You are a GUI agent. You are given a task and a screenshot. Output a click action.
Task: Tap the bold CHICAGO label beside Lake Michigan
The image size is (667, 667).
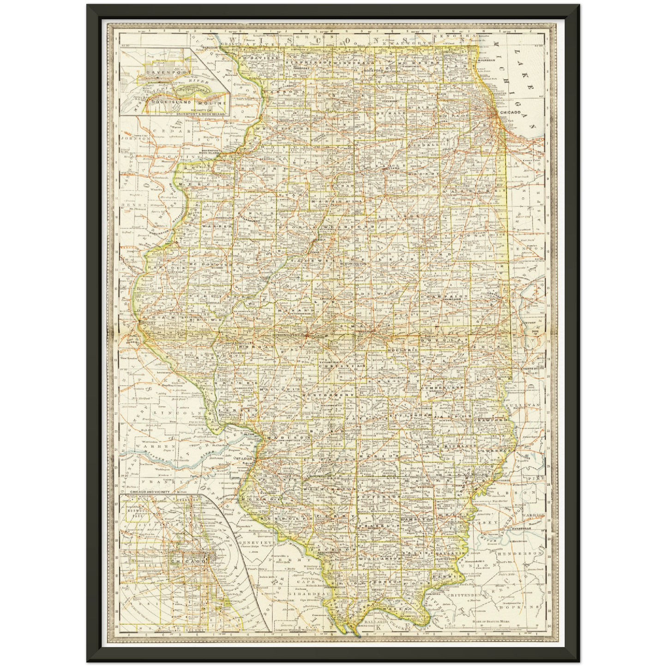(x=510, y=112)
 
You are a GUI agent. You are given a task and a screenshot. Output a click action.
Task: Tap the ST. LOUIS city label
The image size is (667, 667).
(x=244, y=459)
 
